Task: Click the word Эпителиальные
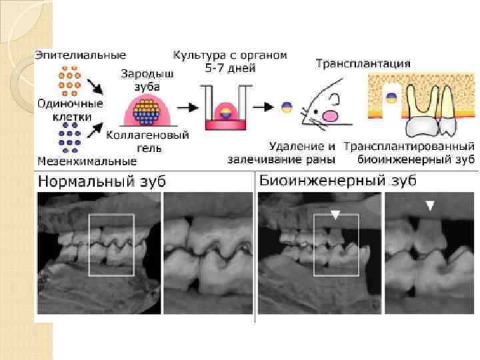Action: click(80, 54)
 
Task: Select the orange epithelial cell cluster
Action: click(69, 80)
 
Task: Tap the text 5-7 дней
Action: click(230, 68)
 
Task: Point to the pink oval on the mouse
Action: click(329, 115)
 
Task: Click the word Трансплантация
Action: click(362, 64)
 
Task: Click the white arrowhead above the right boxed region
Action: click(336, 214)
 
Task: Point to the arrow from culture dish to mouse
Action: click(268, 107)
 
